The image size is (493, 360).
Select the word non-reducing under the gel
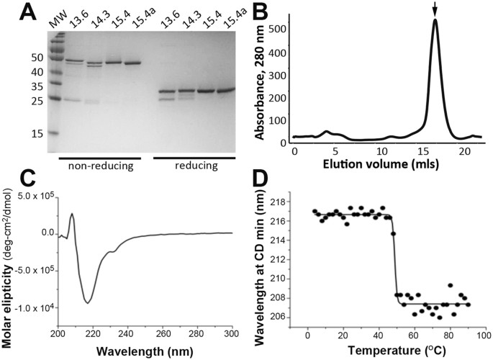tap(100, 167)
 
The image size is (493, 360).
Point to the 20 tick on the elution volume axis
tap(467, 153)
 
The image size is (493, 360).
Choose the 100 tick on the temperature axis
tap(484, 336)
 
